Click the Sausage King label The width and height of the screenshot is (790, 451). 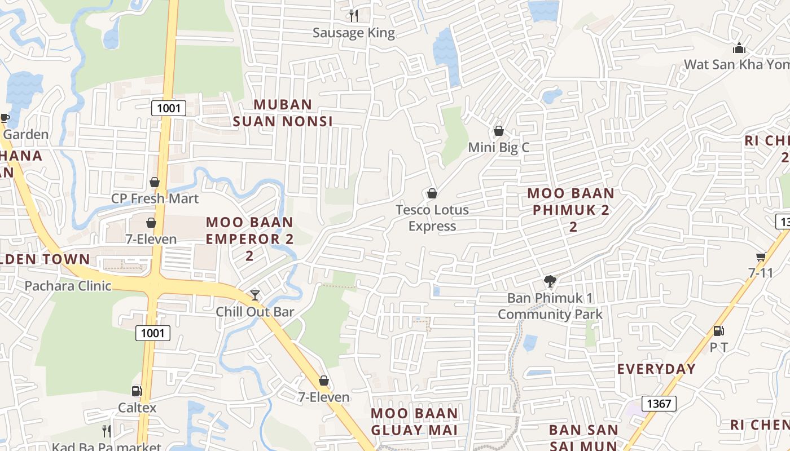(x=354, y=33)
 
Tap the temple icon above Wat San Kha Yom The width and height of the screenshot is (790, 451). (x=739, y=48)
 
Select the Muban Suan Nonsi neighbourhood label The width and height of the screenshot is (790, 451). (x=283, y=113)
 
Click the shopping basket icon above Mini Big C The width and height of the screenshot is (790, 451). (x=499, y=131)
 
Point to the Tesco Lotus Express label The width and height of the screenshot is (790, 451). (x=432, y=218)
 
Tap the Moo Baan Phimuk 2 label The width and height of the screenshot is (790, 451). (x=570, y=210)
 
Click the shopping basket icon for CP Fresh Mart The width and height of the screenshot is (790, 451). (x=154, y=183)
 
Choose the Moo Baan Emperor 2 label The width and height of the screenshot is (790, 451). (x=249, y=238)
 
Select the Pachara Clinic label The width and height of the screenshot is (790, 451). (x=68, y=286)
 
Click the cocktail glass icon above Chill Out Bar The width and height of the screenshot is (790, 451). (x=255, y=295)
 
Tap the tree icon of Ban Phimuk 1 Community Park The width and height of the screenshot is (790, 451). (x=550, y=281)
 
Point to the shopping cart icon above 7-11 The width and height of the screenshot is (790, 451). (x=761, y=257)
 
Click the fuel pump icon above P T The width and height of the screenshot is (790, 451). (x=718, y=331)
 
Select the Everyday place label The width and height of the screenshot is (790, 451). (x=656, y=369)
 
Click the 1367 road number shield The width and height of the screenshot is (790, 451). (x=659, y=403)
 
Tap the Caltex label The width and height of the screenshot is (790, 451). (x=137, y=407)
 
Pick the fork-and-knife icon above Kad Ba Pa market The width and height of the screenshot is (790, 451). (x=106, y=431)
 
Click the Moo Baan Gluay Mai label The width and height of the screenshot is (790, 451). (x=414, y=422)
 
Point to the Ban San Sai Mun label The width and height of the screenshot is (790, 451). (x=583, y=437)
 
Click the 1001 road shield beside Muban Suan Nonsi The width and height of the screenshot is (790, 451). (x=169, y=108)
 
